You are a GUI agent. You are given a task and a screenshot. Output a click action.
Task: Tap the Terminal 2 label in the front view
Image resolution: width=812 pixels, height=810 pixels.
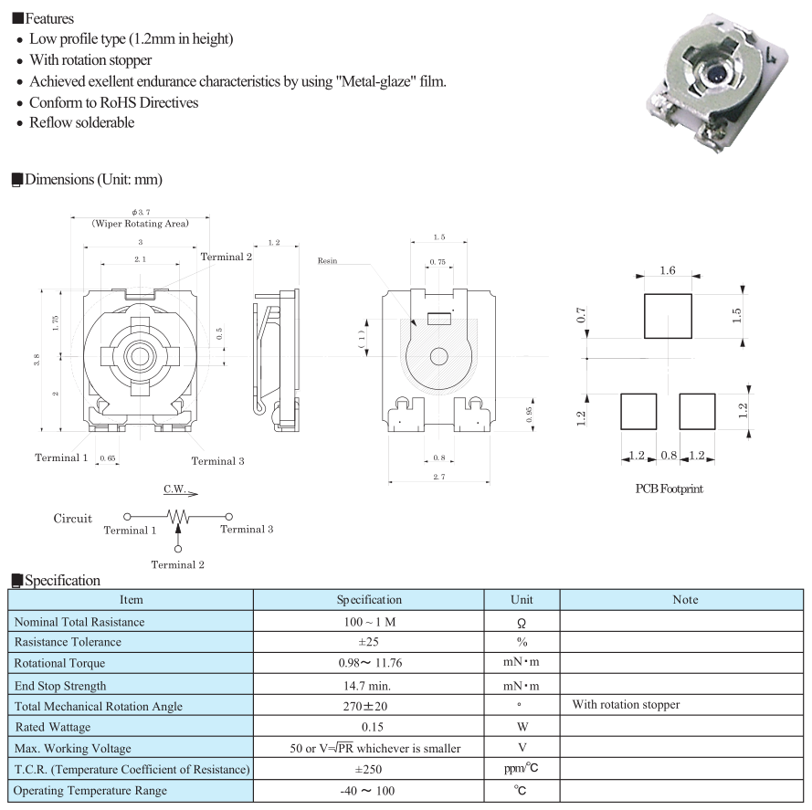(227, 257)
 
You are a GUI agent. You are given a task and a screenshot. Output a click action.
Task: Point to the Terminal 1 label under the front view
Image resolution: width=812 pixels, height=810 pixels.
(61, 458)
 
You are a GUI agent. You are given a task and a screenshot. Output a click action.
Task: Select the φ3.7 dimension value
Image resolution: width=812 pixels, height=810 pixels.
(140, 212)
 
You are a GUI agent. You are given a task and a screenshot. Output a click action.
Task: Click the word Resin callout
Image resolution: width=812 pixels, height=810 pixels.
(327, 260)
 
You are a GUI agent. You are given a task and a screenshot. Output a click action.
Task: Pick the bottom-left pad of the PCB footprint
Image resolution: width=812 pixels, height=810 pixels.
(638, 411)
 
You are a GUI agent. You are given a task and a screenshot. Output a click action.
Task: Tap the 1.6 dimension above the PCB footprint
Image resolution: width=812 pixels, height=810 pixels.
(668, 270)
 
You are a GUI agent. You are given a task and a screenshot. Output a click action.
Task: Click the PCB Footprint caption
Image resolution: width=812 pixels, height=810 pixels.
(669, 489)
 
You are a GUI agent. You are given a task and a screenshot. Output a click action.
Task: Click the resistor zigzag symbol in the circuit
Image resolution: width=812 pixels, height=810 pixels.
(178, 517)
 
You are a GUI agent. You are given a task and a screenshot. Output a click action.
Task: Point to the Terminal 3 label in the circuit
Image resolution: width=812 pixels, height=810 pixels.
(246, 529)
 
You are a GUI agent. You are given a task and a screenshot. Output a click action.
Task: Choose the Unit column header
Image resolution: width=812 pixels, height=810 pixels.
(521, 600)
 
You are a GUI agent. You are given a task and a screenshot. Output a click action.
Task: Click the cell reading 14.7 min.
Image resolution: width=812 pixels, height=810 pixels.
(368, 685)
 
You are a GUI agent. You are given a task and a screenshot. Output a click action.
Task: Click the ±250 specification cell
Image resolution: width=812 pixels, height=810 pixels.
(368, 769)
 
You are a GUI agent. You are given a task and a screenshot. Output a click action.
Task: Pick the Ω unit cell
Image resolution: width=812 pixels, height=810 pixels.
(521, 623)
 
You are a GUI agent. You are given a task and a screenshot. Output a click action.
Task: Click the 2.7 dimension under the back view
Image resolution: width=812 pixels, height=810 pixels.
(439, 476)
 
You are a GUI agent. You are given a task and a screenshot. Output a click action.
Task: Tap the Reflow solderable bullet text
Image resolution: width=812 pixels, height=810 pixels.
(81, 122)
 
